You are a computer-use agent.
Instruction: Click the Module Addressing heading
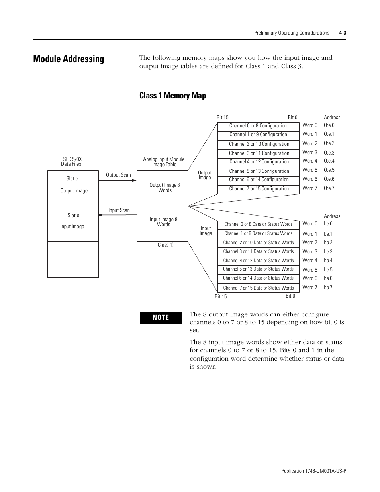point(69,59)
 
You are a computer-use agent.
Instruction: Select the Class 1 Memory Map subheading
point(172,96)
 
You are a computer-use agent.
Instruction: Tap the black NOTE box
point(161,318)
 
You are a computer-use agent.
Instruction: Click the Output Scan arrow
point(118,180)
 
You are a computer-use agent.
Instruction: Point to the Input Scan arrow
point(118,215)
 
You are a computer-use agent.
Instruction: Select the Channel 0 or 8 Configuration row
point(258,126)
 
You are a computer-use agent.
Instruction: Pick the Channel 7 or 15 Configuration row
point(258,189)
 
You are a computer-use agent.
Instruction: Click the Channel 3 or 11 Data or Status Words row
point(258,251)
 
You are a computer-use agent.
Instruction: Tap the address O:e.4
point(329,161)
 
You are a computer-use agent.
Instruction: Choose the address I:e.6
point(328,278)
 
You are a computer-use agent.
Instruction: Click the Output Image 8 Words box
point(163,188)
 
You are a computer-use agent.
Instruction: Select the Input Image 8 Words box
point(163,222)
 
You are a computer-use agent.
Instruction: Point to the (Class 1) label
point(165,245)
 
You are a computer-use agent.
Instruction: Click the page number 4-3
point(342,33)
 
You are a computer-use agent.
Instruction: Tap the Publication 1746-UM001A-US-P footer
point(313,471)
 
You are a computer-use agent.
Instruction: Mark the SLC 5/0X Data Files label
point(72,161)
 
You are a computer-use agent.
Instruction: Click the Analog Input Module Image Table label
point(164,162)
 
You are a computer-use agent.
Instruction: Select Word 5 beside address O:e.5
point(310,170)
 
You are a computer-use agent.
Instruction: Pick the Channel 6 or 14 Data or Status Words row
point(258,278)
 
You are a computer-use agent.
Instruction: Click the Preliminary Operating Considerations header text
point(292,33)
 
